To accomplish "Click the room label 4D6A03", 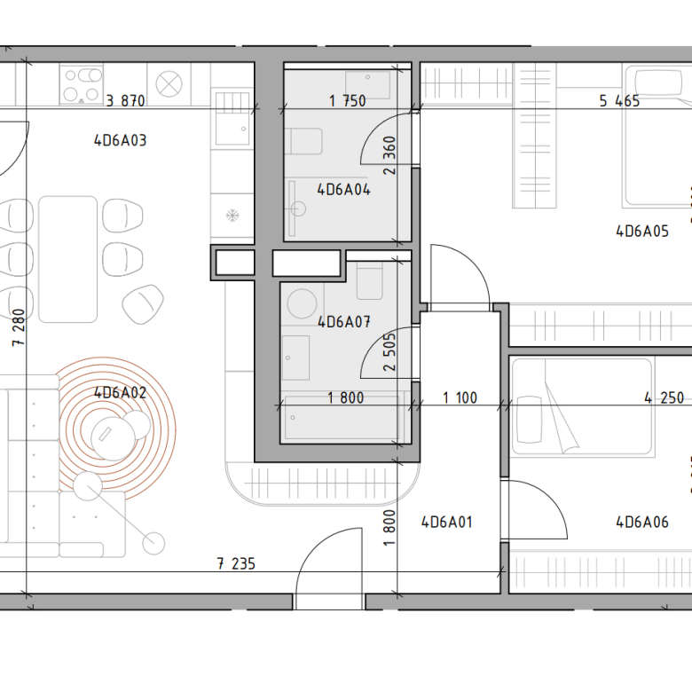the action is click(x=120, y=141).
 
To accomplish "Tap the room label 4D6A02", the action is click(x=120, y=393).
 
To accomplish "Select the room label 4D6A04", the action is click(x=344, y=190).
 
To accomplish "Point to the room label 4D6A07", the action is click(x=344, y=322).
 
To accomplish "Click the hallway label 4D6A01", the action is click(x=446, y=523).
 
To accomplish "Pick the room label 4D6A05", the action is click(x=642, y=232).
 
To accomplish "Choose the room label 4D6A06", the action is click(x=642, y=523).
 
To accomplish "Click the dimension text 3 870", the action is click(x=125, y=101).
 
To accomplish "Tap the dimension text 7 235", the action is click(x=236, y=564).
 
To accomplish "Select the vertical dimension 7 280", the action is click(x=19, y=327).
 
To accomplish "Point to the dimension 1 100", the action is click(x=460, y=398).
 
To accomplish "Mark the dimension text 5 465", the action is click(x=619, y=101).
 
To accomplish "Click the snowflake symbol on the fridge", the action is click(x=232, y=216).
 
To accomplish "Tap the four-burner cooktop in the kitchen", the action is click(x=82, y=85).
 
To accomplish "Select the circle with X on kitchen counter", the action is click(x=169, y=84).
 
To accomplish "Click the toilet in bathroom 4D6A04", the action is click(x=303, y=141).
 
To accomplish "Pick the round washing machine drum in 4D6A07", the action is click(x=302, y=303).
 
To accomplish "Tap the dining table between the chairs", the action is click(x=68, y=259).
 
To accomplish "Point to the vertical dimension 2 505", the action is click(x=389, y=351).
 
